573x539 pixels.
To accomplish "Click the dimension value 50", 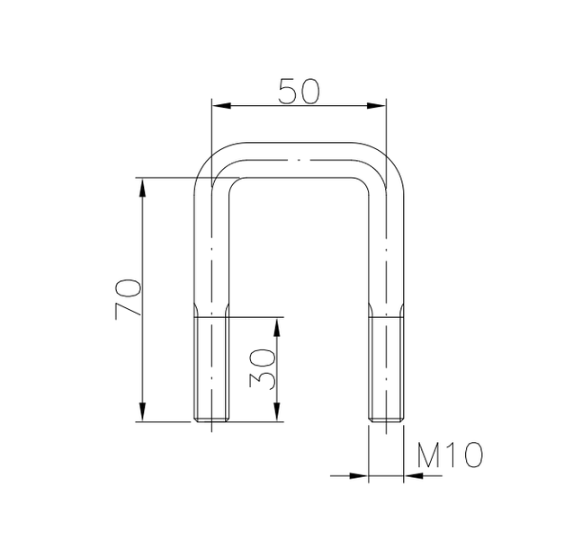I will click(299, 92).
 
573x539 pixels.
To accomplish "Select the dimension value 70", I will click(128, 298).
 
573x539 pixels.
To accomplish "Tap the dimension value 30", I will click(261, 368).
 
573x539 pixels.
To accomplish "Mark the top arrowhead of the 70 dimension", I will click(142, 185).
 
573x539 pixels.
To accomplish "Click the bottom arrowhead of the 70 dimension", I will click(142, 414).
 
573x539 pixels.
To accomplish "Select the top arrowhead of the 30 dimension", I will click(278, 323).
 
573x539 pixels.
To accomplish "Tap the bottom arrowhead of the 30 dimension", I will click(278, 414).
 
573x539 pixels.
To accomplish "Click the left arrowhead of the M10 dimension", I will click(363, 475).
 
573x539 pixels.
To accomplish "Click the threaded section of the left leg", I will click(212, 368).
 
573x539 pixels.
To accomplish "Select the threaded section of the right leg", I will click(386, 368).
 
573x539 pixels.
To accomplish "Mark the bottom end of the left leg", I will click(212, 420).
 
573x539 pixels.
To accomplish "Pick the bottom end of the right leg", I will click(386, 420).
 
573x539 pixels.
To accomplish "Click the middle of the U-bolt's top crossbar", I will click(299, 159).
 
